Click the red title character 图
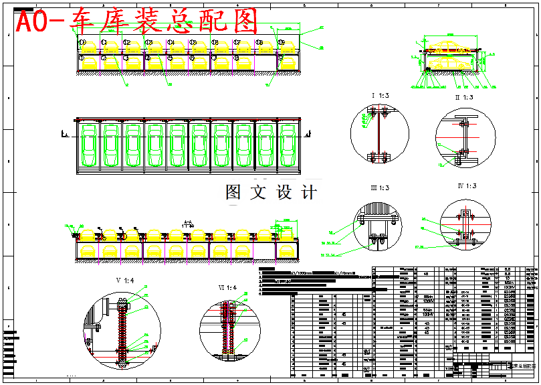[x=245, y=22]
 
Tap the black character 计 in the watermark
[x=308, y=193]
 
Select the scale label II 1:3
[x=463, y=98]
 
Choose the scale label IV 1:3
[x=466, y=186]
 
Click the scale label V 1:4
[x=124, y=279]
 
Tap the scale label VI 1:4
[x=227, y=288]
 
